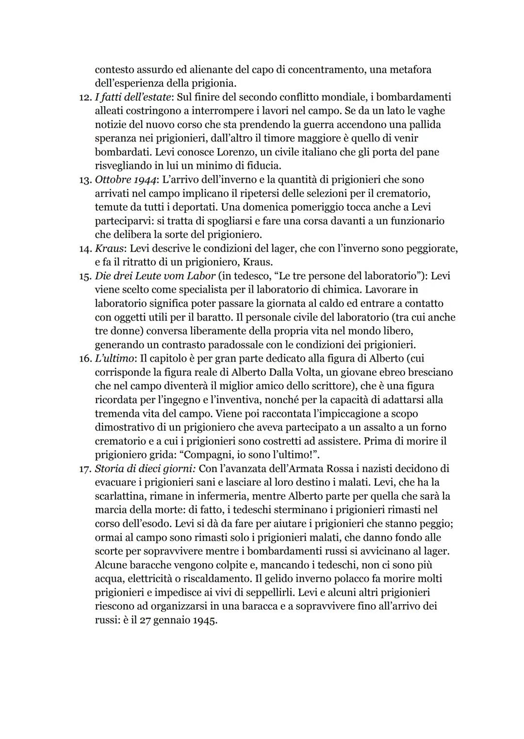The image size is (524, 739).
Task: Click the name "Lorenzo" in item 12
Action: click(x=227, y=152)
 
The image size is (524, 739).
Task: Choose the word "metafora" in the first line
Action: click(x=409, y=70)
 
